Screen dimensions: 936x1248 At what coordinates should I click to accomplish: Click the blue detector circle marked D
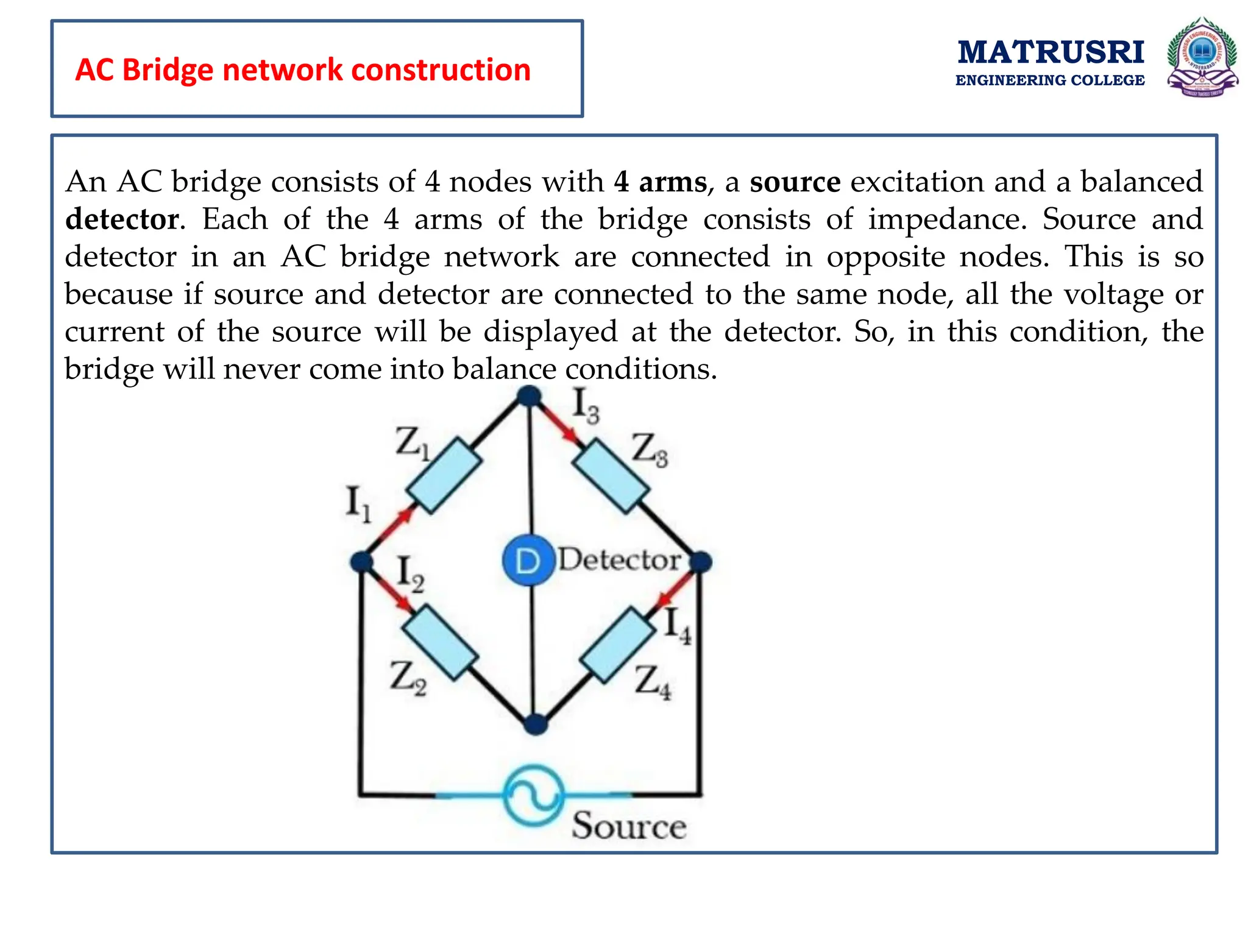[528, 561]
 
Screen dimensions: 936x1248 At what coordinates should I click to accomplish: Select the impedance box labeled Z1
[444, 475]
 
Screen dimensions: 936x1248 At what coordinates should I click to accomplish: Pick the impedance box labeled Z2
[439, 642]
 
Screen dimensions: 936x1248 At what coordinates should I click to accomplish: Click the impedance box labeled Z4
[616, 645]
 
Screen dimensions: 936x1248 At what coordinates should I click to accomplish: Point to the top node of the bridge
[529, 397]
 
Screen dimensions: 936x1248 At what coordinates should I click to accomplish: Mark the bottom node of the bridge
[536, 724]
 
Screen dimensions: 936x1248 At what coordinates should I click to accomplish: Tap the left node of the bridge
[362, 561]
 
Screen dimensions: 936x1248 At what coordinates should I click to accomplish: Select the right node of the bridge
[701, 561]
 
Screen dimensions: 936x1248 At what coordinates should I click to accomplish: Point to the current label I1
[358, 503]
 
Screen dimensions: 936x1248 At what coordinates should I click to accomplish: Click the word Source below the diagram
[628, 826]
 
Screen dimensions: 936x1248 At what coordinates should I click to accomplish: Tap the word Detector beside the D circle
[619, 559]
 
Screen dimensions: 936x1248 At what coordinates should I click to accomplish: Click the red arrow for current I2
[394, 593]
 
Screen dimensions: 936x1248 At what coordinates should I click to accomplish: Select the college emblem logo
[1202, 58]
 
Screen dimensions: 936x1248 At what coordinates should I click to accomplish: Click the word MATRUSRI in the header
[1051, 52]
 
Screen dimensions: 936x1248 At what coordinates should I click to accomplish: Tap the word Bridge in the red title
[171, 70]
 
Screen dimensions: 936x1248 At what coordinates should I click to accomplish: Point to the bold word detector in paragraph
[122, 219]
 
